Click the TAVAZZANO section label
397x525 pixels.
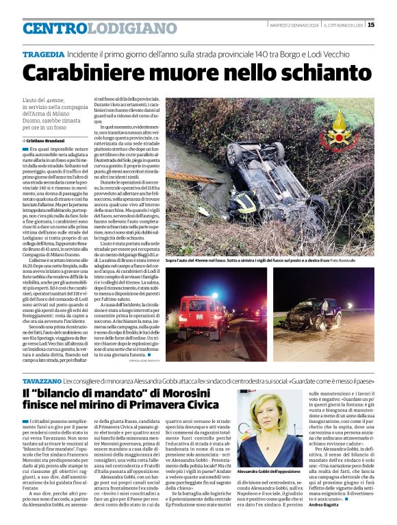click(x=40, y=380)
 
